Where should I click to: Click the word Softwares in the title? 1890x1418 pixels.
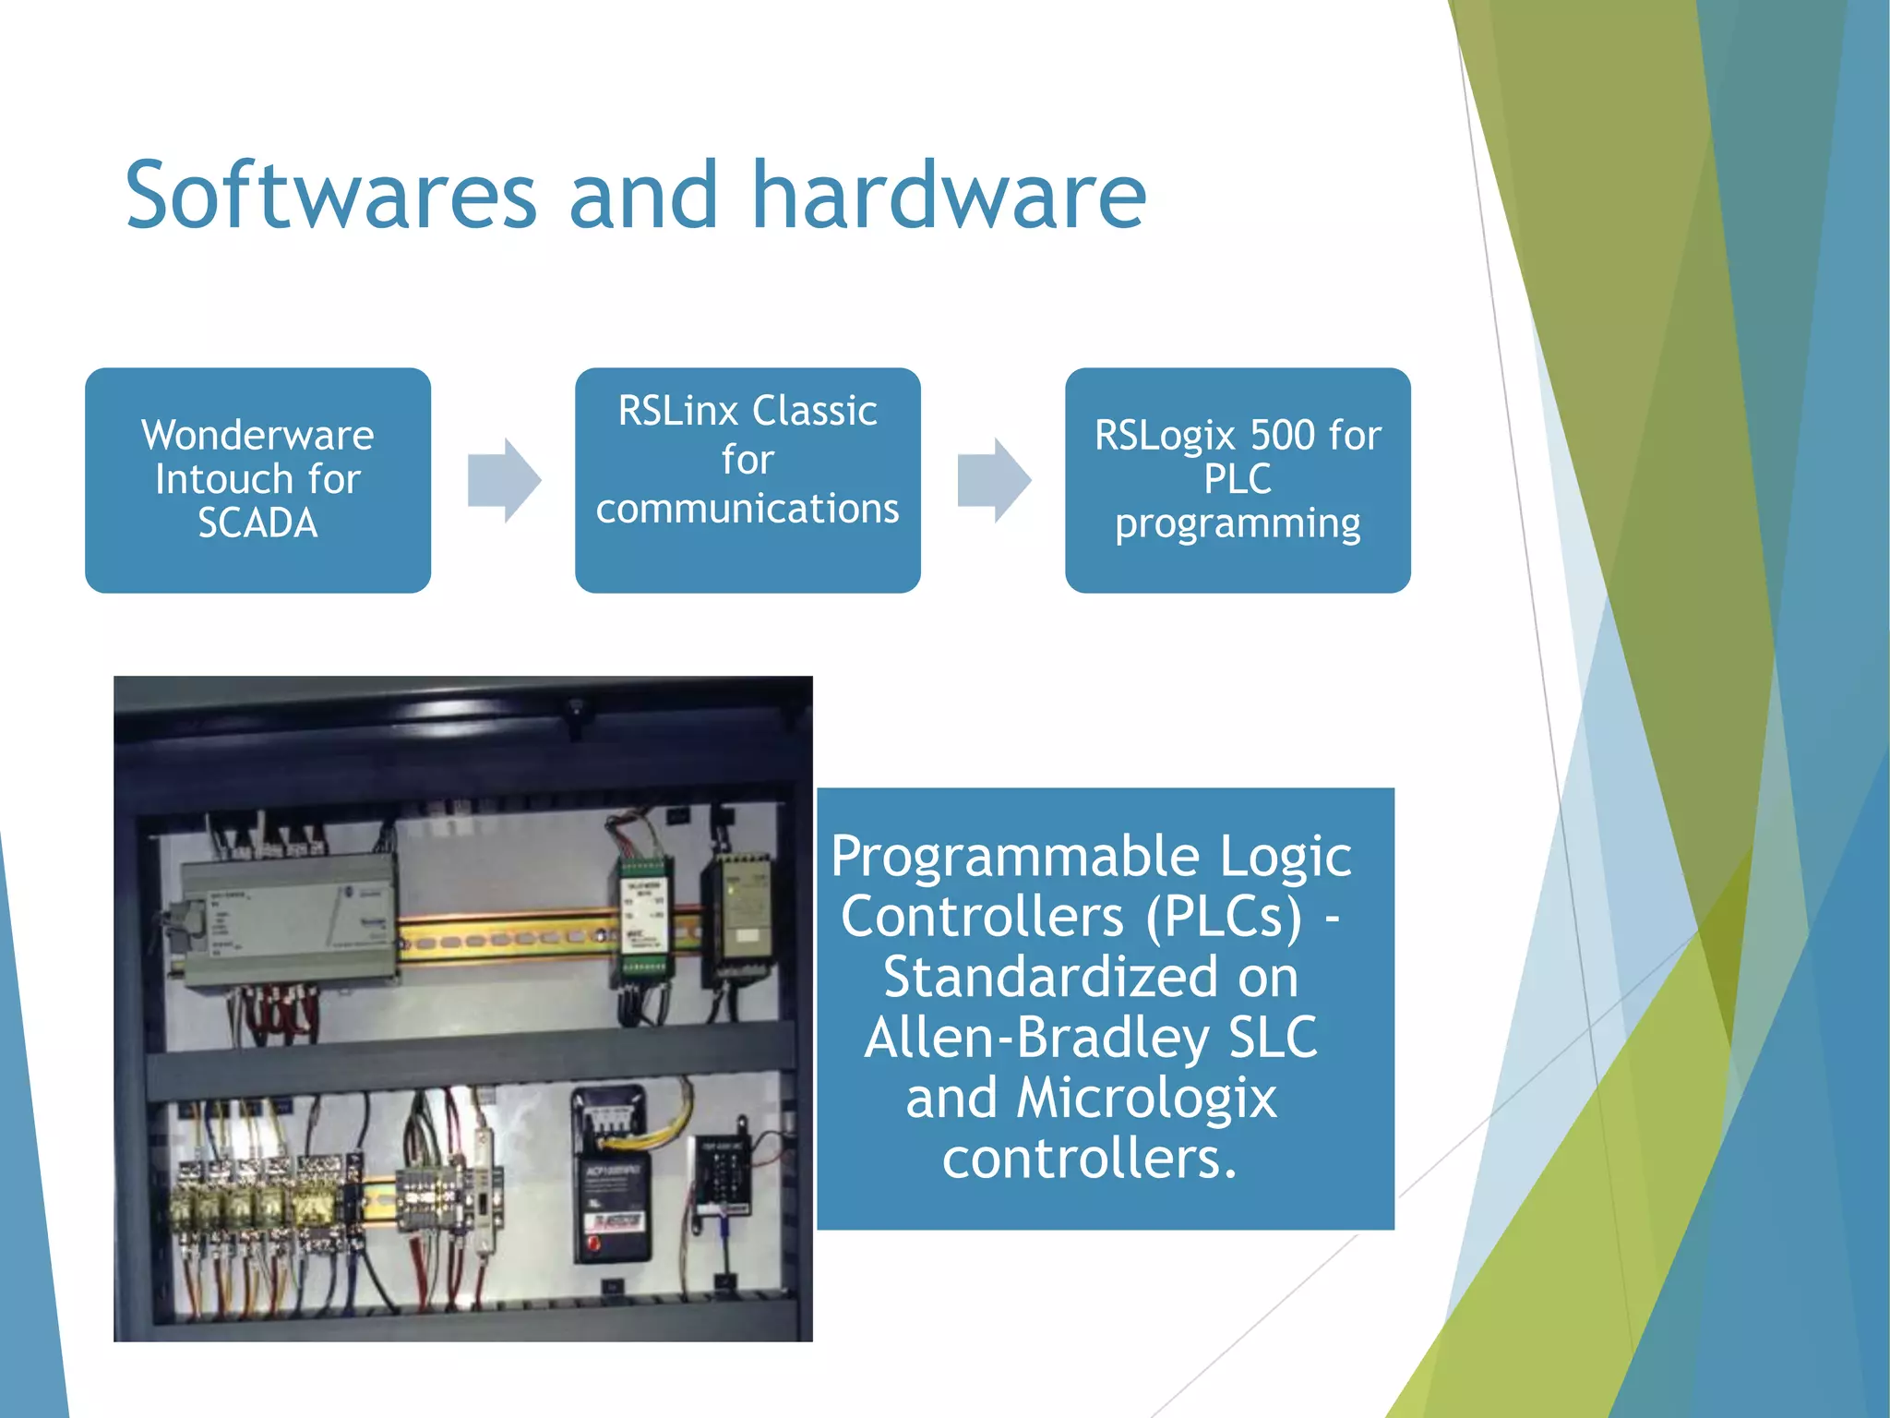(330, 196)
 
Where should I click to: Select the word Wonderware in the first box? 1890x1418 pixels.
(257, 435)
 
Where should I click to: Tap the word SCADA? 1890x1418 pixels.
(257, 523)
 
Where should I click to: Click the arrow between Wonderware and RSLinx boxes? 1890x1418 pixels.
(504, 480)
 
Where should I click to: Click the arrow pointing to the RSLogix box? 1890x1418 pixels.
(994, 480)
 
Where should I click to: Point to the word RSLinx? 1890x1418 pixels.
(678, 411)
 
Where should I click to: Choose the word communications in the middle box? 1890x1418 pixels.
(748, 509)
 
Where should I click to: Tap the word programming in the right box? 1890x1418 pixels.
(1238, 523)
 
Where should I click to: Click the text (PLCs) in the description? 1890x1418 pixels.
(1224, 917)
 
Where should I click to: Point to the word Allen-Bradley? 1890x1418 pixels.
(1035, 1038)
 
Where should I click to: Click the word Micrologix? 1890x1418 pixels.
(1146, 1099)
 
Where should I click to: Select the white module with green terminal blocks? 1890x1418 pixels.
(645, 917)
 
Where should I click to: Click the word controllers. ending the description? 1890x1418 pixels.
(1089, 1159)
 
